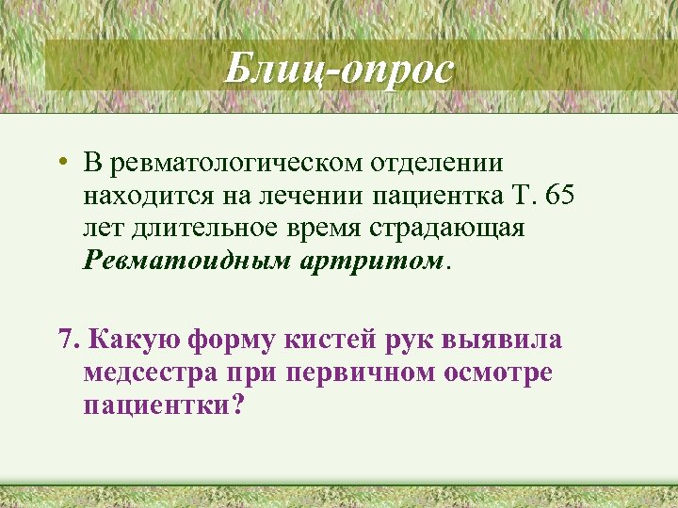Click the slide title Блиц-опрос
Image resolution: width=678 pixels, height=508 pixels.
click(339, 69)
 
